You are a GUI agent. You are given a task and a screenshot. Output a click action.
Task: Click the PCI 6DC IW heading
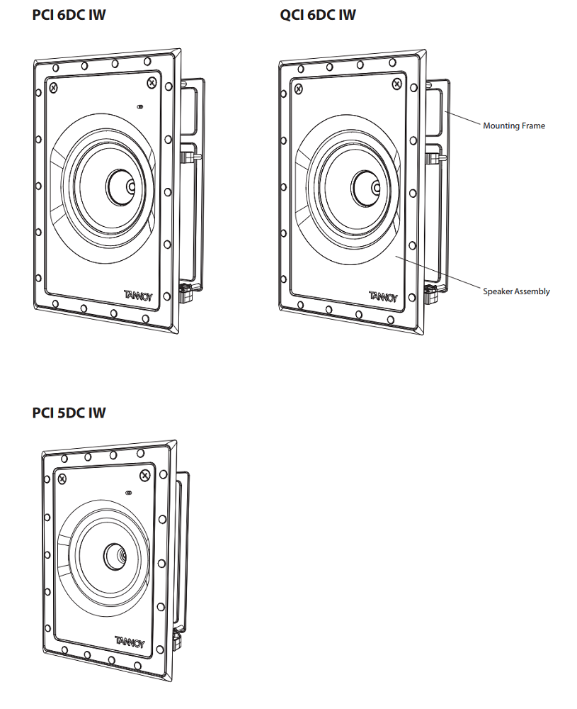pyautogui.click(x=69, y=14)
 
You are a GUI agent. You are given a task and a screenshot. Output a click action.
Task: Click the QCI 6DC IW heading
pyautogui.click(x=318, y=14)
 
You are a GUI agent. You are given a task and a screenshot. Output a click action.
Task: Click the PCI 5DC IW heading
pyautogui.click(x=69, y=412)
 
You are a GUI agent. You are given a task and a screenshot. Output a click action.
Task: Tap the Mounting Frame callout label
pyautogui.click(x=514, y=125)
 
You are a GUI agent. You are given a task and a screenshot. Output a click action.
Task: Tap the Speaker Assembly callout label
pyautogui.click(x=516, y=291)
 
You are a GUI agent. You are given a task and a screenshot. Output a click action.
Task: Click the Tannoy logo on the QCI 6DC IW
pyautogui.click(x=382, y=295)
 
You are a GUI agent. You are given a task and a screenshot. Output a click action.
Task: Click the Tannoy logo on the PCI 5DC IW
pyautogui.click(x=130, y=642)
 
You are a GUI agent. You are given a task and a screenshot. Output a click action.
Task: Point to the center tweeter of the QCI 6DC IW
pyautogui.click(x=375, y=188)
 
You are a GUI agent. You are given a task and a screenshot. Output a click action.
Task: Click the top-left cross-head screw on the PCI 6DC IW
pyautogui.click(x=54, y=87)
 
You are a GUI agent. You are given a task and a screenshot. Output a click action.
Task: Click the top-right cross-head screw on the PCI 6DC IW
pyautogui.click(x=152, y=83)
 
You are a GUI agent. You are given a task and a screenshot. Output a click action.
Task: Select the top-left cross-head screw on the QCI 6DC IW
pyautogui.click(x=298, y=89)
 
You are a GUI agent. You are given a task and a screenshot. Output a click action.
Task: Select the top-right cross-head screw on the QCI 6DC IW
pyautogui.click(x=396, y=84)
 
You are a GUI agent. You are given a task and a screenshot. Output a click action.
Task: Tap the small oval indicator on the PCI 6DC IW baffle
pyautogui.click(x=139, y=108)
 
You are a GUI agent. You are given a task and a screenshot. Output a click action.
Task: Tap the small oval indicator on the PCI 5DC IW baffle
pyautogui.click(x=128, y=493)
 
